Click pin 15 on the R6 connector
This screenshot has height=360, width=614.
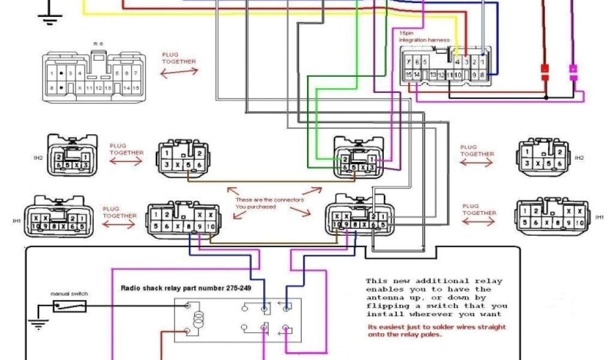(136, 88)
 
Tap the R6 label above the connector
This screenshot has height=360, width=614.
(97, 44)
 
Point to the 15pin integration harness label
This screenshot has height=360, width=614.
(423, 36)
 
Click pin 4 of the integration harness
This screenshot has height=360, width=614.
(458, 62)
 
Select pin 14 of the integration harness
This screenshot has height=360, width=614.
(416, 74)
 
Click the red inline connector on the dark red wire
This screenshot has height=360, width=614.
(545, 72)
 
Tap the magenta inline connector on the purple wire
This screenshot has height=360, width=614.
(573, 73)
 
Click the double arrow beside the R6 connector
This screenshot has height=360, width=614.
(178, 72)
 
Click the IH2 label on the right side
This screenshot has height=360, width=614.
(579, 158)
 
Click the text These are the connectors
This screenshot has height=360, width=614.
(269, 199)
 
